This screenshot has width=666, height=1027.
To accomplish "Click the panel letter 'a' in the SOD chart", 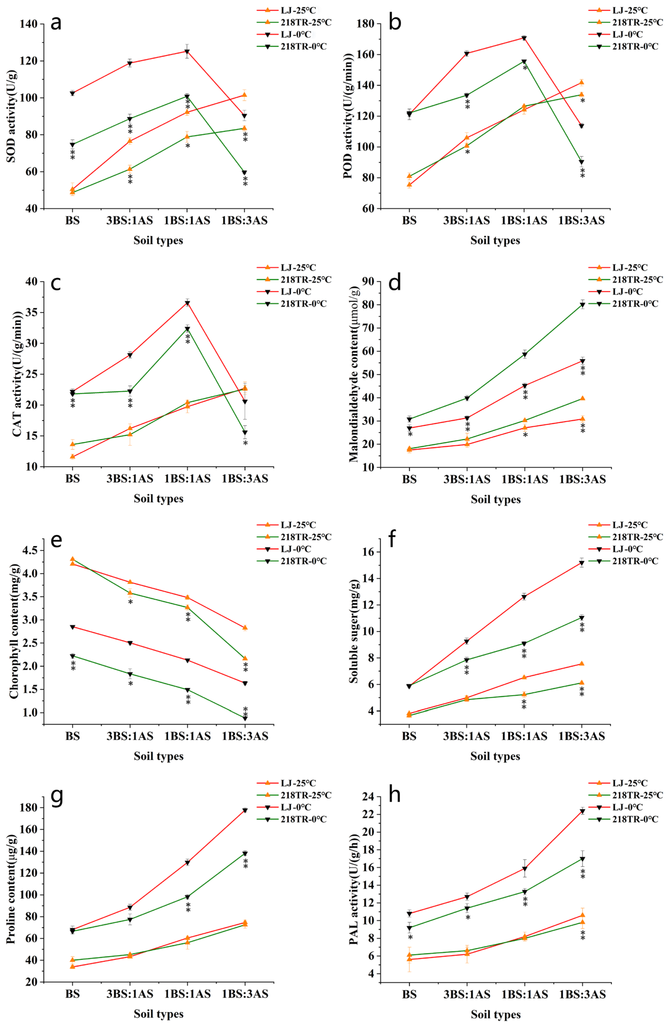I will coord(56,22).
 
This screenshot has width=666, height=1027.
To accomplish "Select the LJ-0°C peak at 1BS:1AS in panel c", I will coord(187,303).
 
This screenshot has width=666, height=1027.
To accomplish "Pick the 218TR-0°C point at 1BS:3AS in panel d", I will coord(582,305).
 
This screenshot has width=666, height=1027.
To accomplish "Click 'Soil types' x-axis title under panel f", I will coord(495,756).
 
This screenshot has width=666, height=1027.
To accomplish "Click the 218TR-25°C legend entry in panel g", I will coord(306,795).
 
